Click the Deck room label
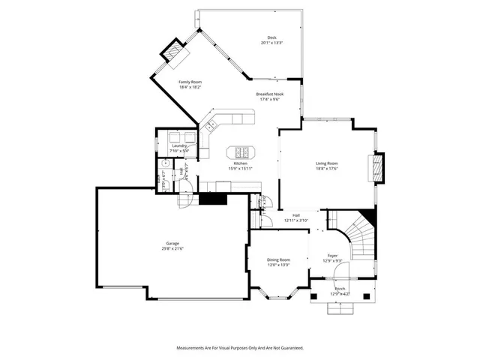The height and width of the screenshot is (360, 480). pyautogui.click(x=272, y=37)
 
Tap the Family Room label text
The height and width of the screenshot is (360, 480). pyautogui.click(x=190, y=82)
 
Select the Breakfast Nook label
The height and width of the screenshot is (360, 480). pyautogui.click(x=268, y=94)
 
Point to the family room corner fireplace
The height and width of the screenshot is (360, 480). pyautogui.click(x=174, y=53)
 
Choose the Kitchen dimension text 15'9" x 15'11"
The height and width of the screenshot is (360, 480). pyautogui.click(x=240, y=169)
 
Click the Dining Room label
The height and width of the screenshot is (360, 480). pyautogui.click(x=278, y=259)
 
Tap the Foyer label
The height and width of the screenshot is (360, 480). pyautogui.click(x=331, y=255)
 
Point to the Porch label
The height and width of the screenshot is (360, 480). pyautogui.click(x=340, y=289)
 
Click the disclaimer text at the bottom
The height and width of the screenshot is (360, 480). pyautogui.click(x=240, y=348)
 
